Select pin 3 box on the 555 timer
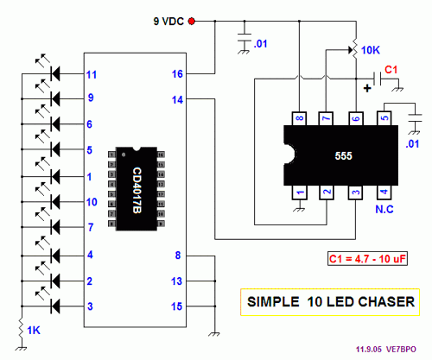[x=355, y=192]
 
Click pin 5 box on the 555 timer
[x=383, y=118]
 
